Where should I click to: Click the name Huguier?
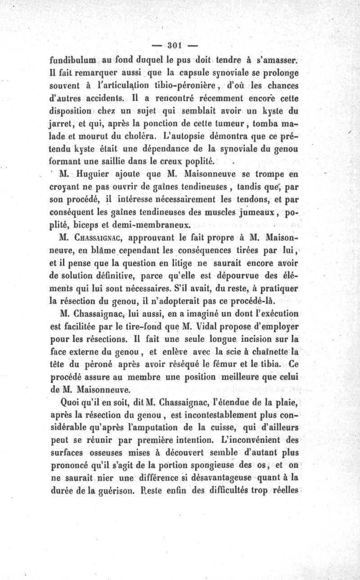(93, 174)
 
